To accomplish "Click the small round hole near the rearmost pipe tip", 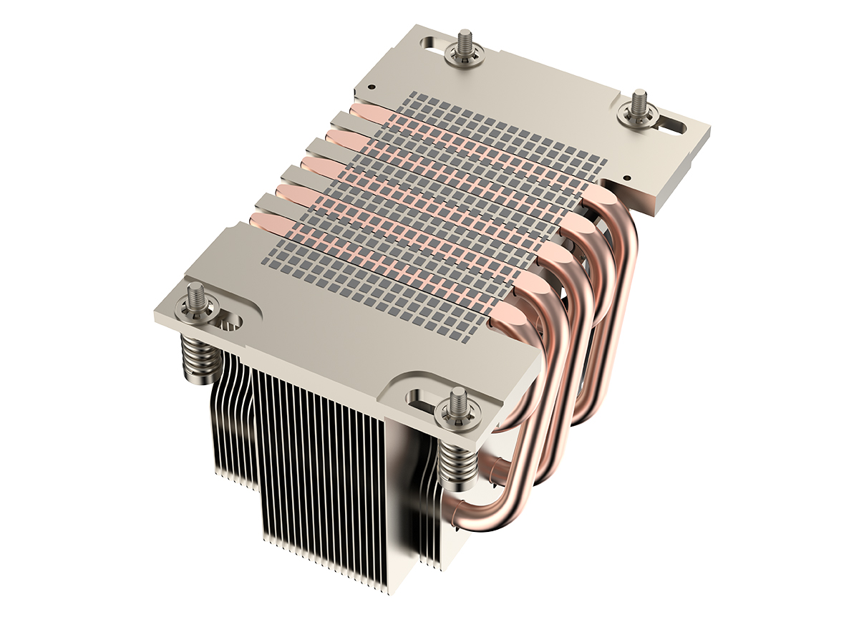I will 372,87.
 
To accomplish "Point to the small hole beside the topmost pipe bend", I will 627,178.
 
